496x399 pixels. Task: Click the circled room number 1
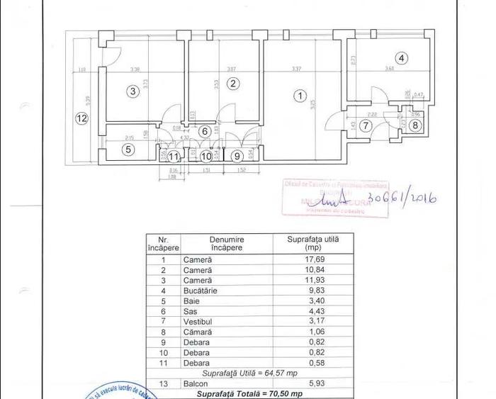click(x=300, y=95)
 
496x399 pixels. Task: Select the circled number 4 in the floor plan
click(x=402, y=59)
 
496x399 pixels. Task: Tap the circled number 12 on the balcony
click(x=81, y=118)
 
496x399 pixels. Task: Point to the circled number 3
click(x=132, y=90)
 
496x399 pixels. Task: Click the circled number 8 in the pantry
click(x=416, y=125)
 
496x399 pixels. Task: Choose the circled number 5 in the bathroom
click(x=128, y=150)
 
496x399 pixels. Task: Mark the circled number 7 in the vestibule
click(x=366, y=125)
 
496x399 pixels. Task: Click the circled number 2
click(x=233, y=84)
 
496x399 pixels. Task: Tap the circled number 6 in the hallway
click(x=204, y=131)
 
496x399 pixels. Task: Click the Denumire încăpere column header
click(x=227, y=244)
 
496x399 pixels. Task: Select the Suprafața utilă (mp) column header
click(x=312, y=244)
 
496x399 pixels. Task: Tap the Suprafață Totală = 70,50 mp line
click(x=249, y=393)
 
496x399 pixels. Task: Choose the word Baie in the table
click(x=191, y=301)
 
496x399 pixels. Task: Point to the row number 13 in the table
click(x=163, y=383)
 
